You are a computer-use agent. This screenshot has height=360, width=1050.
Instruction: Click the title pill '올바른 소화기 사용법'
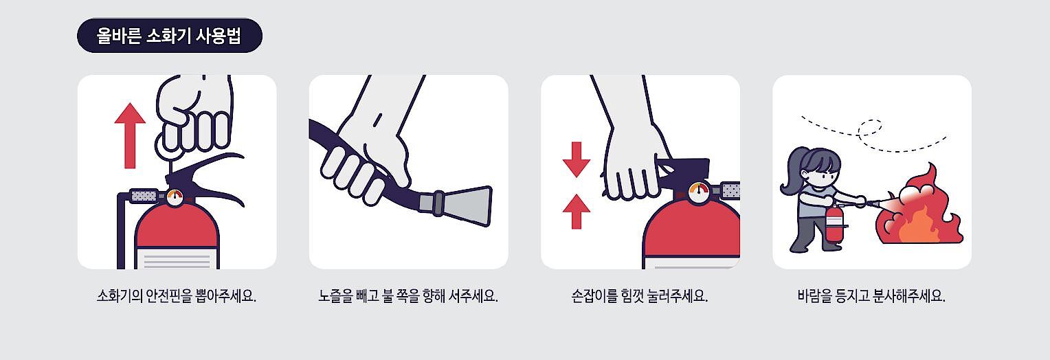[169, 36]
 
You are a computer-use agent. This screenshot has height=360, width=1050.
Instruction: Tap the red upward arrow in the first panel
[130, 135]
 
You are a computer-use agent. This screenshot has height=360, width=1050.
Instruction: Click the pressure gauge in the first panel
[175, 196]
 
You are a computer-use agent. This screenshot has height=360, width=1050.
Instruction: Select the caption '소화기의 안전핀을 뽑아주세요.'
[176, 296]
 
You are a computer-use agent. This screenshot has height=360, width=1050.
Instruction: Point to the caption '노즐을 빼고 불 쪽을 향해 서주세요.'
[407, 296]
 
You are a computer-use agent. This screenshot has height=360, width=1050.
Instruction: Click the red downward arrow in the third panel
[577, 159]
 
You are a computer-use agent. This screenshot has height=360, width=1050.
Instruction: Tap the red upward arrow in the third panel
[577, 212]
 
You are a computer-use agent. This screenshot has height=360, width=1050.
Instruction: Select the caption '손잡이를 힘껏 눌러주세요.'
[639, 296]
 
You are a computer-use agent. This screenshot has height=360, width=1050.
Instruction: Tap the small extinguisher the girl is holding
[835, 223]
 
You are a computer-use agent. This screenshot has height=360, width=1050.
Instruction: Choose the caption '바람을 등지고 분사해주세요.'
[871, 296]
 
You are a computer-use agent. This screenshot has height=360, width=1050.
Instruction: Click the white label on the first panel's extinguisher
[177, 258]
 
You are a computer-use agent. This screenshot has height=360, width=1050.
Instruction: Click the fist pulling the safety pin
[194, 117]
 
